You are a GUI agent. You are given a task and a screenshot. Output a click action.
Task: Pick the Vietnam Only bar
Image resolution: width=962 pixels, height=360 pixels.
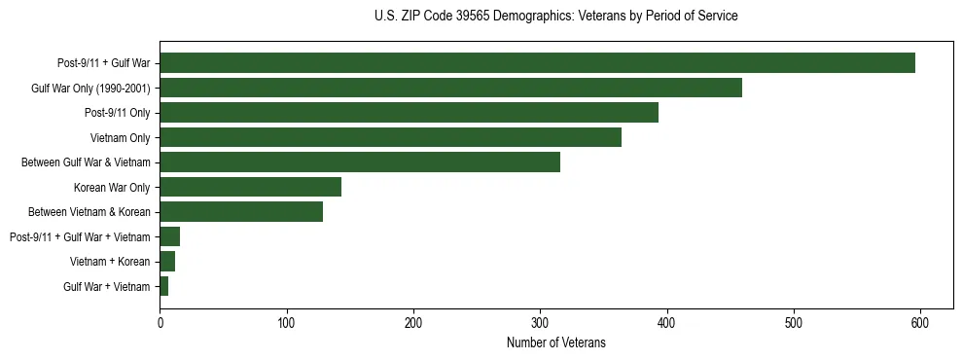[390, 137]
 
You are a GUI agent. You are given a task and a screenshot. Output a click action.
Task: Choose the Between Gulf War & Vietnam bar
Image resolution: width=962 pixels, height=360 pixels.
[360, 162]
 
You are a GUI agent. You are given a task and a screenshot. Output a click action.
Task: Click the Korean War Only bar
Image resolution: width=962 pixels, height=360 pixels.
[250, 187]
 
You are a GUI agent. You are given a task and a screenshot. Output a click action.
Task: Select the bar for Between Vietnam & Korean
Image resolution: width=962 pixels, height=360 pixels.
[241, 212]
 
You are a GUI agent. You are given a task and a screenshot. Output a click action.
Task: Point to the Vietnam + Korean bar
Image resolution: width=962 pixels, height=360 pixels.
[167, 262]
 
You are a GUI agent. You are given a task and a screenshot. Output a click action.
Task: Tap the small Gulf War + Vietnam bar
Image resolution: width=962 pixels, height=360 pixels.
[164, 286]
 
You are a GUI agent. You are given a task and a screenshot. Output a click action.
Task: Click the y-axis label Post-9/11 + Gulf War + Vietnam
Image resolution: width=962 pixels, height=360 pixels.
[80, 237]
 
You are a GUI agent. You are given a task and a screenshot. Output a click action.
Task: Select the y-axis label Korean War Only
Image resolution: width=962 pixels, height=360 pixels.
[112, 188]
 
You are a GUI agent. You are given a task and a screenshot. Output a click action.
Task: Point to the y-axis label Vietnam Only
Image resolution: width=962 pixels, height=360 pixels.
[121, 138]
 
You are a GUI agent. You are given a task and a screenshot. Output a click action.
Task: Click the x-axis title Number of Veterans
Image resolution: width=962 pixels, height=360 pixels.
[555, 342]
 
